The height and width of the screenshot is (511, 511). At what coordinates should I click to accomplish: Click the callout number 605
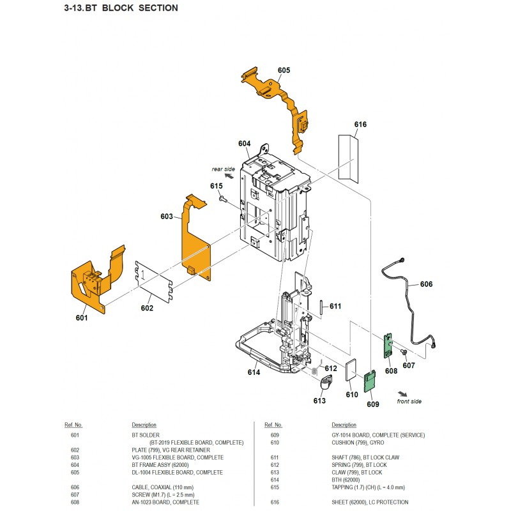[x=284, y=70]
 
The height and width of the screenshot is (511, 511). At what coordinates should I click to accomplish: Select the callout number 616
[x=360, y=125]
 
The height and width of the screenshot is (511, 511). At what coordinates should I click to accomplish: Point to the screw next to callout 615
[x=222, y=198]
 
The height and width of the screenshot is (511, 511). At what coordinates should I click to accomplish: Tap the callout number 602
[x=147, y=309]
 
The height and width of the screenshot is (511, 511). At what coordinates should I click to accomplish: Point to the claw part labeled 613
[x=326, y=383]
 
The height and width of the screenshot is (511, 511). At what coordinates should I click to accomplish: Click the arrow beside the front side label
[x=402, y=393]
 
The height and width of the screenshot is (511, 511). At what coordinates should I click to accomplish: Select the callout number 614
[x=254, y=372]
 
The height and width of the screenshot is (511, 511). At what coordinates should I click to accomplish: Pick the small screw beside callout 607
[x=404, y=352]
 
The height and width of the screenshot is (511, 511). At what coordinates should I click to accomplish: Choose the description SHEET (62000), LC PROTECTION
[x=370, y=502]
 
